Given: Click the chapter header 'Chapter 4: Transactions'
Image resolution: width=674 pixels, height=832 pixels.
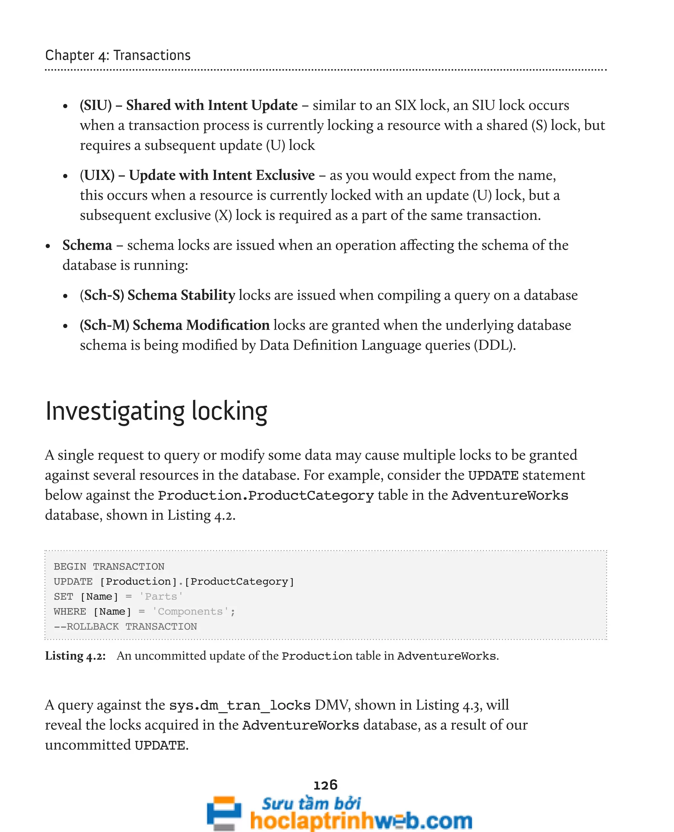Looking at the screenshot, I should (117, 55).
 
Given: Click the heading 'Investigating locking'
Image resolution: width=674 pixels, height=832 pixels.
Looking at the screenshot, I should (156, 411).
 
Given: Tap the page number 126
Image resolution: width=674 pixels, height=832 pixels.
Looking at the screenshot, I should (325, 785).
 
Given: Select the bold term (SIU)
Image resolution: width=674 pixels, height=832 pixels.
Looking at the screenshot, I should (96, 105).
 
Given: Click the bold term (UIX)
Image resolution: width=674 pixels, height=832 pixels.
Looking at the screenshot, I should (97, 175).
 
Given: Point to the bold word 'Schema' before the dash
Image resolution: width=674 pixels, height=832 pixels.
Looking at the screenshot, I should (87, 245).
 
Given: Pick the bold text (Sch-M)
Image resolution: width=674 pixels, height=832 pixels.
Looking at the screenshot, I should (104, 325).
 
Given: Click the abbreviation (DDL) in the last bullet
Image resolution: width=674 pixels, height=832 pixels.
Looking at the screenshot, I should (494, 345).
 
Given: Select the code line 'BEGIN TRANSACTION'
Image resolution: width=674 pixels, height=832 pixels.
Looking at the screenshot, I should (109, 567).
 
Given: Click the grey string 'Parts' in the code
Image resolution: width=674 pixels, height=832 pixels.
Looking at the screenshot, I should (161, 596).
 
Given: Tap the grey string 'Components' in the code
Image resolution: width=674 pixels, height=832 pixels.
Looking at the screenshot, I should (190, 612).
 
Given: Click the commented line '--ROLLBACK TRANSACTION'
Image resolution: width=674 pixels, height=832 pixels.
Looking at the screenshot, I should (125, 626).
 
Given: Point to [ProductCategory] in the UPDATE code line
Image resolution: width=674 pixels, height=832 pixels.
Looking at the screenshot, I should (239, 582).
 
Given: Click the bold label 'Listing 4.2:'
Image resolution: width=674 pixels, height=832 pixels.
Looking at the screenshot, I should (75, 656).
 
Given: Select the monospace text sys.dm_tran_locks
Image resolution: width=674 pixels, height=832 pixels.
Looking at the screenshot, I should (240, 705).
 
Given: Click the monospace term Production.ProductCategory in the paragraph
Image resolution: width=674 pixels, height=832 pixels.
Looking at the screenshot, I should (266, 495).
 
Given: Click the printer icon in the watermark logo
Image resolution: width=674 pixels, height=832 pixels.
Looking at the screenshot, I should (224, 813).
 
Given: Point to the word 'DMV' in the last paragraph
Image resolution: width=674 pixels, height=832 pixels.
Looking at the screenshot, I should (330, 705).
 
